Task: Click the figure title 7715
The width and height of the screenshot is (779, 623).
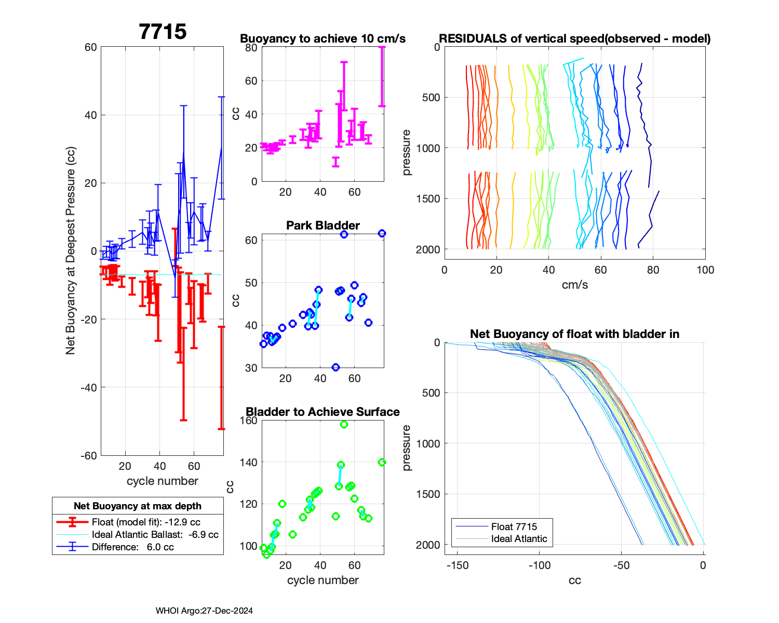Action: (x=163, y=32)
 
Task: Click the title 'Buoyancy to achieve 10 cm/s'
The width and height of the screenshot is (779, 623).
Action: (x=323, y=38)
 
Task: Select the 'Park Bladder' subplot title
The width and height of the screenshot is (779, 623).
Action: (x=323, y=225)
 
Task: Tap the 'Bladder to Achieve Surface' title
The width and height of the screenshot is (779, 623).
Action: (x=323, y=412)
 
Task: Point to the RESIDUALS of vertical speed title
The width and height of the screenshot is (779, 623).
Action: (x=574, y=38)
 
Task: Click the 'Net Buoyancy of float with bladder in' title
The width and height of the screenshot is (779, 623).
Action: (x=574, y=334)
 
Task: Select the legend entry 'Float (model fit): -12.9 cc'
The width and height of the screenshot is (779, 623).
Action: (x=146, y=522)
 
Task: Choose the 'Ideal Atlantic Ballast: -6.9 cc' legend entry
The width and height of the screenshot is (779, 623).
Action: (x=155, y=535)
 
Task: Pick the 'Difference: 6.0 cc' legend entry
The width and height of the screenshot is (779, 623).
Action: (x=132, y=547)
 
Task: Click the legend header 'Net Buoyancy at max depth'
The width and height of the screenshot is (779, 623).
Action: (x=138, y=506)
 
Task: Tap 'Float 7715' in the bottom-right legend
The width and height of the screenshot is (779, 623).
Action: (x=514, y=526)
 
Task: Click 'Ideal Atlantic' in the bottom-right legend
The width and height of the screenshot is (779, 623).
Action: (x=519, y=539)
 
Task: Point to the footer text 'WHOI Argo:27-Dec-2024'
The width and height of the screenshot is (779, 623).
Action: (x=204, y=611)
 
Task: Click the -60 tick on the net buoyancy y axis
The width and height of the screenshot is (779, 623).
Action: (x=90, y=456)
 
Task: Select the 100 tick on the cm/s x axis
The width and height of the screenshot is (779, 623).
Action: (x=705, y=270)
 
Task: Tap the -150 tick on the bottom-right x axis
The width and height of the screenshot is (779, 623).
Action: (x=458, y=565)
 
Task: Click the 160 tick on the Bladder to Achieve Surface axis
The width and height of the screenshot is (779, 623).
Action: (x=249, y=421)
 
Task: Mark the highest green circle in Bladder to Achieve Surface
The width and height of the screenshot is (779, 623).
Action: (x=344, y=425)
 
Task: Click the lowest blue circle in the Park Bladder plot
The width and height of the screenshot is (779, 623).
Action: (x=335, y=367)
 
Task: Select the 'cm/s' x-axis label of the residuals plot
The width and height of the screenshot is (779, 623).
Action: (x=574, y=285)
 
